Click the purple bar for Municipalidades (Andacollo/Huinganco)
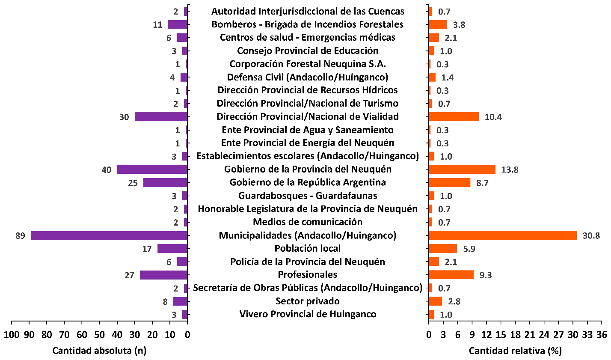pyautogui.click(x=109, y=235)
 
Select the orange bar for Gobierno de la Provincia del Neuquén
pyautogui.click(x=462, y=170)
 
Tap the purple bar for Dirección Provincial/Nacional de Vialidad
pyautogui.click(x=161, y=116)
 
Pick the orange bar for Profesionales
pyautogui.click(x=451, y=275)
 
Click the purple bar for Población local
pyautogui.click(x=172, y=249)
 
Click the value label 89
pyautogui.click(x=20, y=236)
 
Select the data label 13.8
pyautogui.click(x=510, y=170)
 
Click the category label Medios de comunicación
pyautogui.click(x=308, y=222)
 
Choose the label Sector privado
pyautogui.click(x=308, y=301)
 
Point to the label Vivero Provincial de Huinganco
pyautogui.click(x=308, y=314)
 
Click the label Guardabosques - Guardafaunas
pyautogui.click(x=308, y=196)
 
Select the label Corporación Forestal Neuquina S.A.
pyautogui.click(x=308, y=64)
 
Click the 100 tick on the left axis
pyautogui.click(x=11, y=334)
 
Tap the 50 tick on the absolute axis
pyautogui.click(x=99, y=334)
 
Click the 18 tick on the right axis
pyautogui.click(x=516, y=334)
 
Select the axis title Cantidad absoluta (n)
pyautogui.click(x=99, y=351)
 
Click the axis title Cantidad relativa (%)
pyautogui.click(x=515, y=351)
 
